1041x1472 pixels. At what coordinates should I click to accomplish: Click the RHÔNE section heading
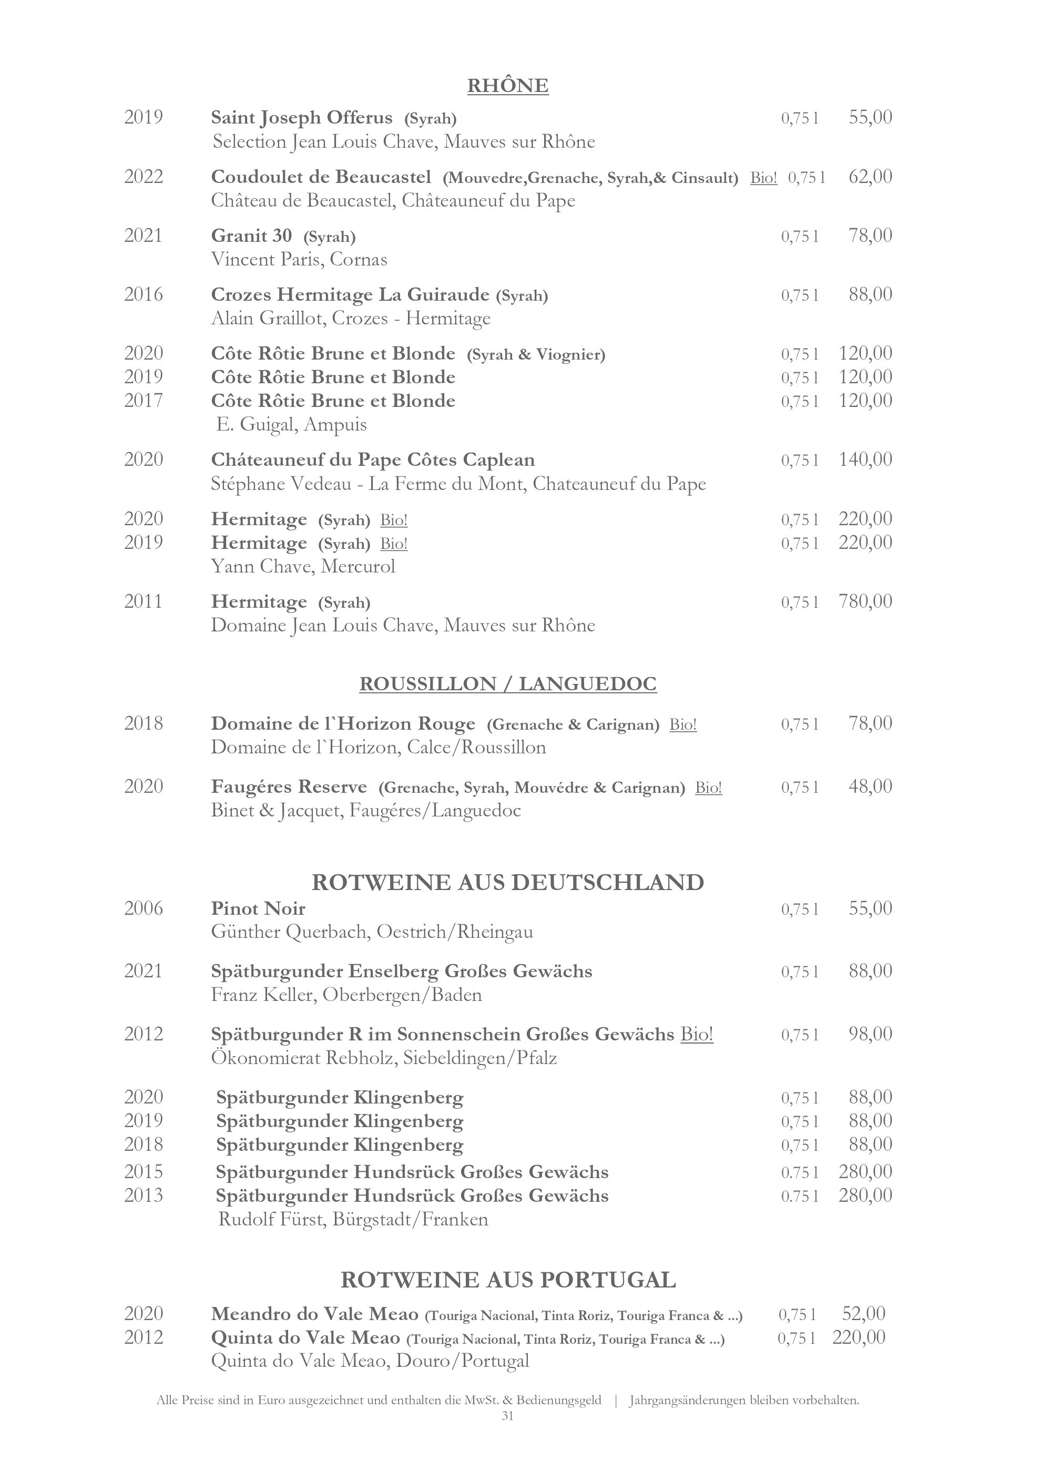coord(508,86)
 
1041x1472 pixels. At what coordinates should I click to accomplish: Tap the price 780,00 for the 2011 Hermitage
coord(865,601)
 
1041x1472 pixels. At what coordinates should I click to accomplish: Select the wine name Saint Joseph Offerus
coord(301,118)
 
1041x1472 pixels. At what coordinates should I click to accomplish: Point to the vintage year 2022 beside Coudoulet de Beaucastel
coord(144,177)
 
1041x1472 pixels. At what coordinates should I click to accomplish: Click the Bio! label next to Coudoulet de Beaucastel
coord(763,178)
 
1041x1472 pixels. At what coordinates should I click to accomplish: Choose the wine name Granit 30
coord(251,236)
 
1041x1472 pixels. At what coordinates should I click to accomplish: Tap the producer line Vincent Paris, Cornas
coord(299,260)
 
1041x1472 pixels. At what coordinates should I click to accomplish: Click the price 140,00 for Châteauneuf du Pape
coord(865,459)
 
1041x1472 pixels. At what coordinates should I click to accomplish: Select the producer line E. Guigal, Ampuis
coord(292,424)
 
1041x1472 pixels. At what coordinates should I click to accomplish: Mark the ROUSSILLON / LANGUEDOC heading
coord(508,684)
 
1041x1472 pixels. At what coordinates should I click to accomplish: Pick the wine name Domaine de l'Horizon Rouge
coord(343,724)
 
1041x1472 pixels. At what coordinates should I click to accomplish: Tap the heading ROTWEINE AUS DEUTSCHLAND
coord(508,882)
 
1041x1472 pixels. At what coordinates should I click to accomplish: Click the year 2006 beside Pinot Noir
coord(144,908)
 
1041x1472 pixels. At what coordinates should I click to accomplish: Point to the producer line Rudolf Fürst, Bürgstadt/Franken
coord(353,1219)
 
